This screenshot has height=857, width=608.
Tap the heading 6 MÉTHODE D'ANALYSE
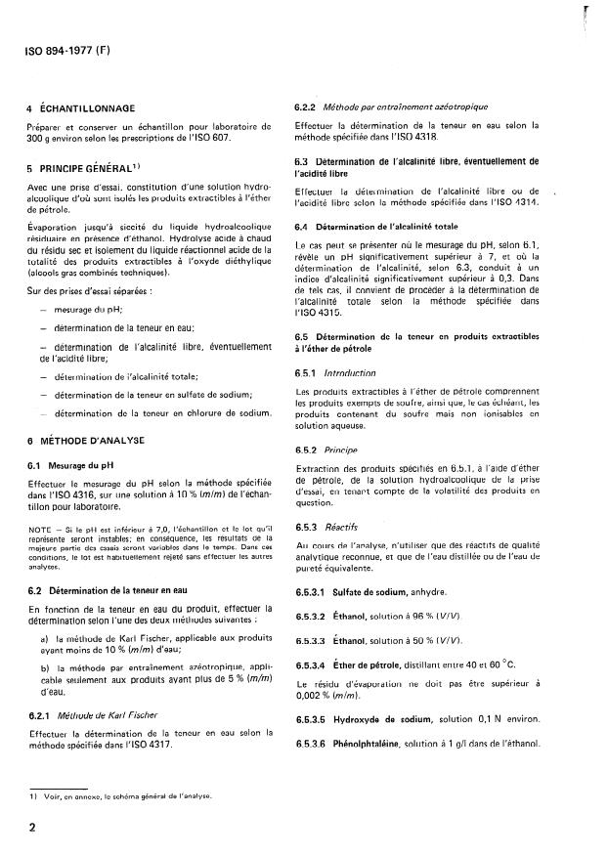(85, 441)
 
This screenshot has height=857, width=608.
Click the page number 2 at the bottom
(32, 828)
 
